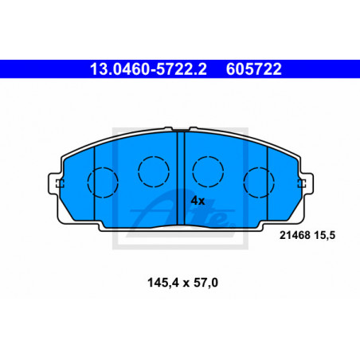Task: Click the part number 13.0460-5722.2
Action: click(x=148, y=69)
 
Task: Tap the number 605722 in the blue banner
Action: click(x=253, y=69)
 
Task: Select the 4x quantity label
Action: click(x=198, y=201)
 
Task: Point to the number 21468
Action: click(x=295, y=235)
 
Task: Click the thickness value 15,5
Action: click(x=324, y=236)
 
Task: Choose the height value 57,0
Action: click(x=205, y=283)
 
